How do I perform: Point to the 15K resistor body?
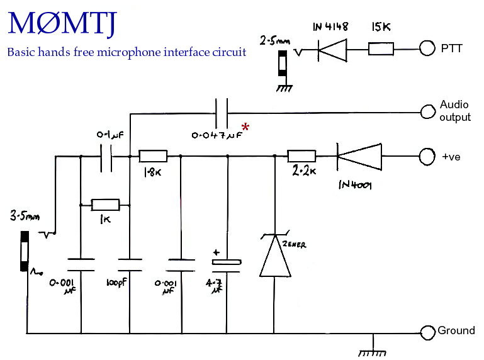tap(381, 49)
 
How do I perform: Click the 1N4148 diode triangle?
tap(332, 50)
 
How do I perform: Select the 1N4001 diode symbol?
tap(359, 157)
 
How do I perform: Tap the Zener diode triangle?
tap(274, 255)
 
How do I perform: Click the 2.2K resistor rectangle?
tap(301, 156)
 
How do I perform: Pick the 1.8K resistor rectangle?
tap(153, 156)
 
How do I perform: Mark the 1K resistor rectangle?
tap(105, 205)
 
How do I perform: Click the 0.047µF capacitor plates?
tap(222, 113)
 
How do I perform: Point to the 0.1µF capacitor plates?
tap(106, 157)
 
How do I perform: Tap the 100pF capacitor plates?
tap(130, 265)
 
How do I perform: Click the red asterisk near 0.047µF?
tap(245, 127)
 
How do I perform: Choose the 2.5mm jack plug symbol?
tap(283, 64)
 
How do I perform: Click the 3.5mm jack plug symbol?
tap(25, 251)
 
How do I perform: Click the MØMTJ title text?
tap(62, 24)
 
